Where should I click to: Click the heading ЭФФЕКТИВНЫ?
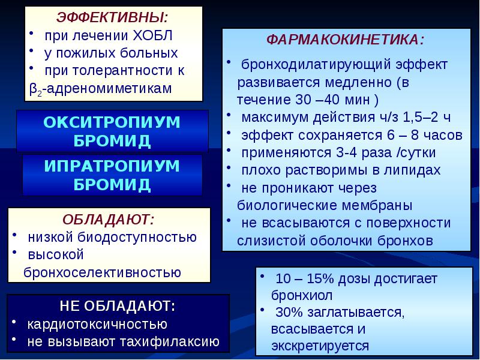click(112, 16)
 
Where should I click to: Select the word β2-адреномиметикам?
click(101, 88)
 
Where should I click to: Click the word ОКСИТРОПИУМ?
click(112, 122)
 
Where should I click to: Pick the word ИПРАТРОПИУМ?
click(112, 165)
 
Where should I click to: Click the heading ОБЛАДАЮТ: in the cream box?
click(109, 218)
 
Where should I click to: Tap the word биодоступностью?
click(146, 236)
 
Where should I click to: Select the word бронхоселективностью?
click(102, 272)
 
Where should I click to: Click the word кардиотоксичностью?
click(97, 324)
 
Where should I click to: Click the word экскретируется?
click(320, 346)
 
